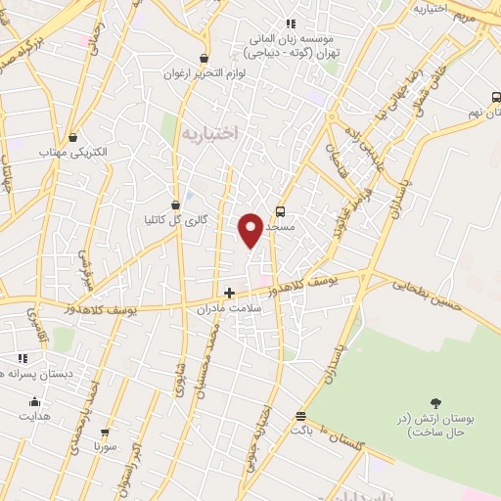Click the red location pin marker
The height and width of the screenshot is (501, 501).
point(250,229)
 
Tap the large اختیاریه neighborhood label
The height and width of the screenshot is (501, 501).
point(209,134)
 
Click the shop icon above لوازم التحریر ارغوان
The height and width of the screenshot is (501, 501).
point(204,59)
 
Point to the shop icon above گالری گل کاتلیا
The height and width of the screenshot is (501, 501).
point(175,205)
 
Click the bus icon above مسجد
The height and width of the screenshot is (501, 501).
point(281,211)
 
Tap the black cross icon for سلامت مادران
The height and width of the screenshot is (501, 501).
point(229,292)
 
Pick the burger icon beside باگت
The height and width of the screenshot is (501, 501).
point(299,416)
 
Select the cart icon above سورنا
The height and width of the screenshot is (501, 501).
point(105,432)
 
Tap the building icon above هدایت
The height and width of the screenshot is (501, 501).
point(35,401)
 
